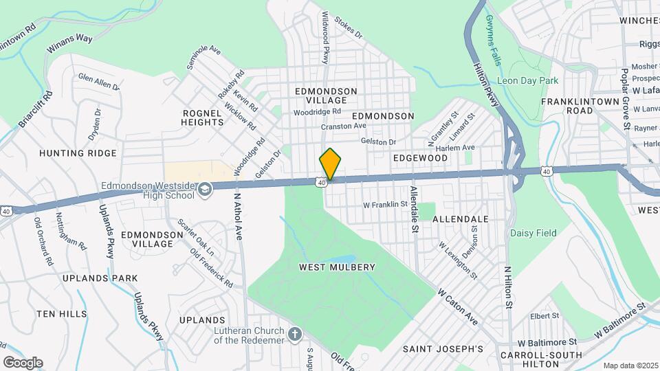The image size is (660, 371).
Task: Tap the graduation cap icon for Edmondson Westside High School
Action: pyautogui.click(x=205, y=189)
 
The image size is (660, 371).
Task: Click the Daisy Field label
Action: pyautogui.click(x=533, y=233)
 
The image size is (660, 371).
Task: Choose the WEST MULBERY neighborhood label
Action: pyautogui.click(x=337, y=267)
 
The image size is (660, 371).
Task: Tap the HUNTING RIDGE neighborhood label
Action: pyautogui.click(x=78, y=153)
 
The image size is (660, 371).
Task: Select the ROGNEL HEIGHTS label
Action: pyautogui.click(x=203, y=117)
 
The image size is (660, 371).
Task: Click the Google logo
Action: pyautogui.click(x=22, y=363)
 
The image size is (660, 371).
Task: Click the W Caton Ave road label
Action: pyautogui.click(x=457, y=306)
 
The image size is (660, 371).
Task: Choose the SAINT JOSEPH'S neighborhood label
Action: pyautogui.click(x=443, y=349)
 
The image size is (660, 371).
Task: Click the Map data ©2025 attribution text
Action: pyautogui.click(x=630, y=366)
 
